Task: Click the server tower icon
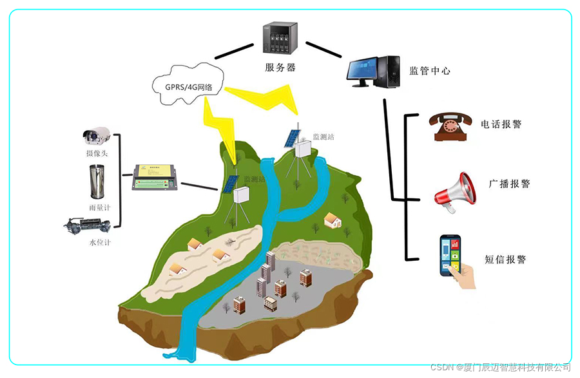click(x=281, y=39)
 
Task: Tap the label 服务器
click(x=280, y=67)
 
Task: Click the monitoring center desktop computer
click(x=374, y=71)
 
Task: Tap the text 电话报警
click(x=501, y=124)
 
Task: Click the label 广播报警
click(x=509, y=184)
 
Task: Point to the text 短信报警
click(x=505, y=260)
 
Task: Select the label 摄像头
click(x=98, y=153)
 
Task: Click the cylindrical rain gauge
click(x=98, y=182)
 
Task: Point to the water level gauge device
click(x=88, y=225)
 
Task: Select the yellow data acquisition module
click(x=155, y=176)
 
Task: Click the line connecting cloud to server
click(x=235, y=52)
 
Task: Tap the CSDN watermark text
click(x=500, y=367)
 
